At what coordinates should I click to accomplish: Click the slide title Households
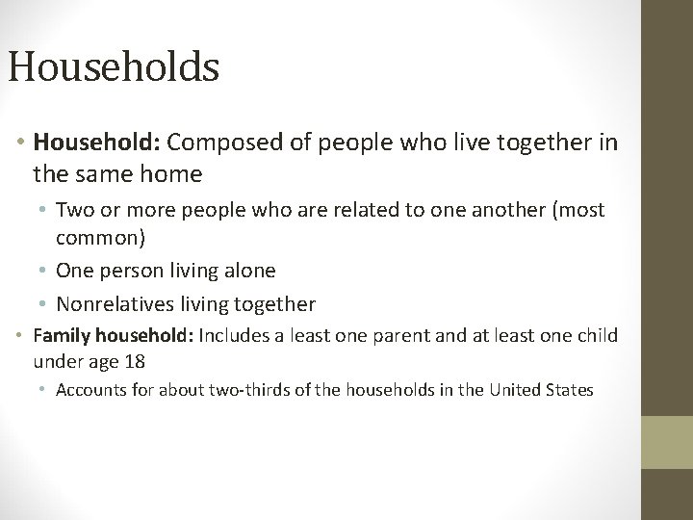click(114, 67)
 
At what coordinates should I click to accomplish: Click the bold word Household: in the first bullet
click(97, 143)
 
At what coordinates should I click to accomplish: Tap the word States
click(569, 390)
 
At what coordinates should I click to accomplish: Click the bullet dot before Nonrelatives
click(46, 305)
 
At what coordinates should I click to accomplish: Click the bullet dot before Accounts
click(46, 390)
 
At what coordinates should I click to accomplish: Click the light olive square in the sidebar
click(667, 443)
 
